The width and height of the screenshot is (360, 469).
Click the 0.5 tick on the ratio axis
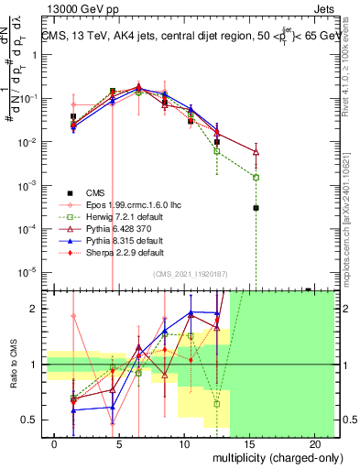coord(32,420)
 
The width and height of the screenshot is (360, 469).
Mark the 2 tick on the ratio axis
coord(35,309)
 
